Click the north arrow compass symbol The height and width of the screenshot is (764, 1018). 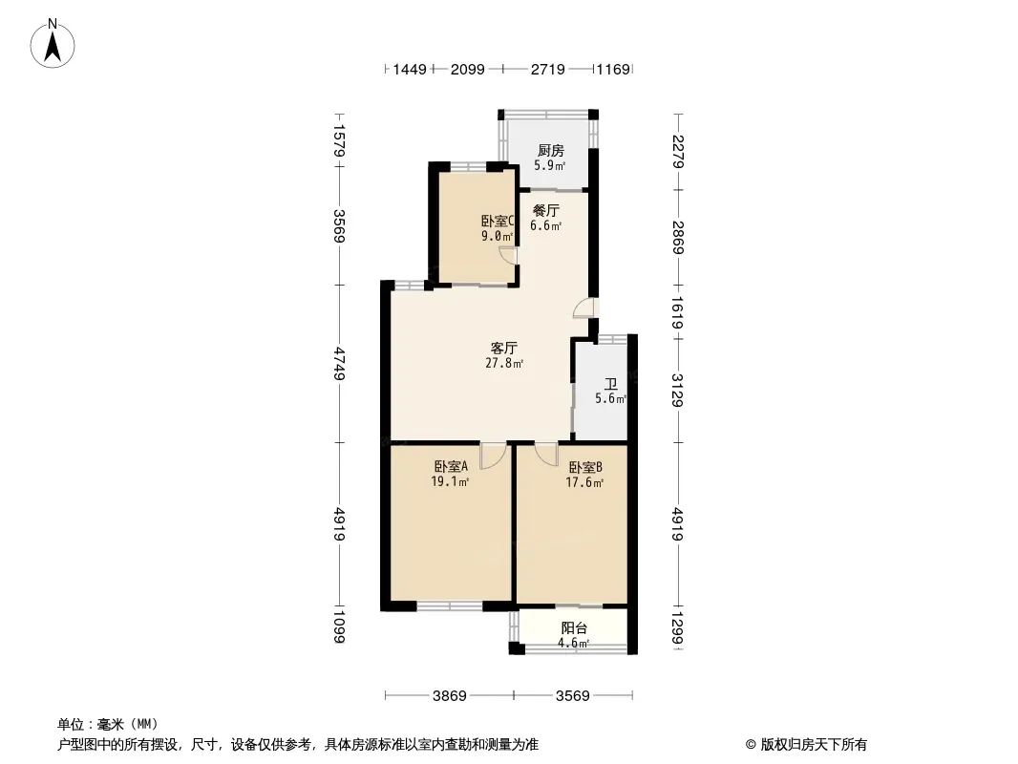pos(53,44)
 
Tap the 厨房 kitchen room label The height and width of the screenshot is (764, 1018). pos(551,151)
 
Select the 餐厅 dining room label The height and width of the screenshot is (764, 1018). pos(546,210)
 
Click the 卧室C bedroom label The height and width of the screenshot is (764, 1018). pos(498,222)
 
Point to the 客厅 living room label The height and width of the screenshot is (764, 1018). pos(504,348)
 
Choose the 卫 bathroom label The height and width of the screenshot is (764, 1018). pos(611,384)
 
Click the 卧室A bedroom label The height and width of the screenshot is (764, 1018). pos(451,467)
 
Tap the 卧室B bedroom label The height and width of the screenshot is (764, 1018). pos(585,467)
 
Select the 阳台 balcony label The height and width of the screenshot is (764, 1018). pos(574,627)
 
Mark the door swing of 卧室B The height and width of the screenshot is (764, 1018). pos(546,454)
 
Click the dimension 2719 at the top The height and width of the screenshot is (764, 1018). pos(548,69)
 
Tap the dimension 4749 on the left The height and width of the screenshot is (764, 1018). pos(339,364)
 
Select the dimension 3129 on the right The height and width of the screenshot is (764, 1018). pos(678,390)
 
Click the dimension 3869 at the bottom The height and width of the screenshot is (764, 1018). pos(449,696)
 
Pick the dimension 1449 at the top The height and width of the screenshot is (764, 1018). pos(410,69)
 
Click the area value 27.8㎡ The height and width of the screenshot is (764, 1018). pos(504,364)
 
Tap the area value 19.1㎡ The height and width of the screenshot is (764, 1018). pos(450,482)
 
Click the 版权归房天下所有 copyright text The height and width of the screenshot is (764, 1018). pos(814,745)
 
